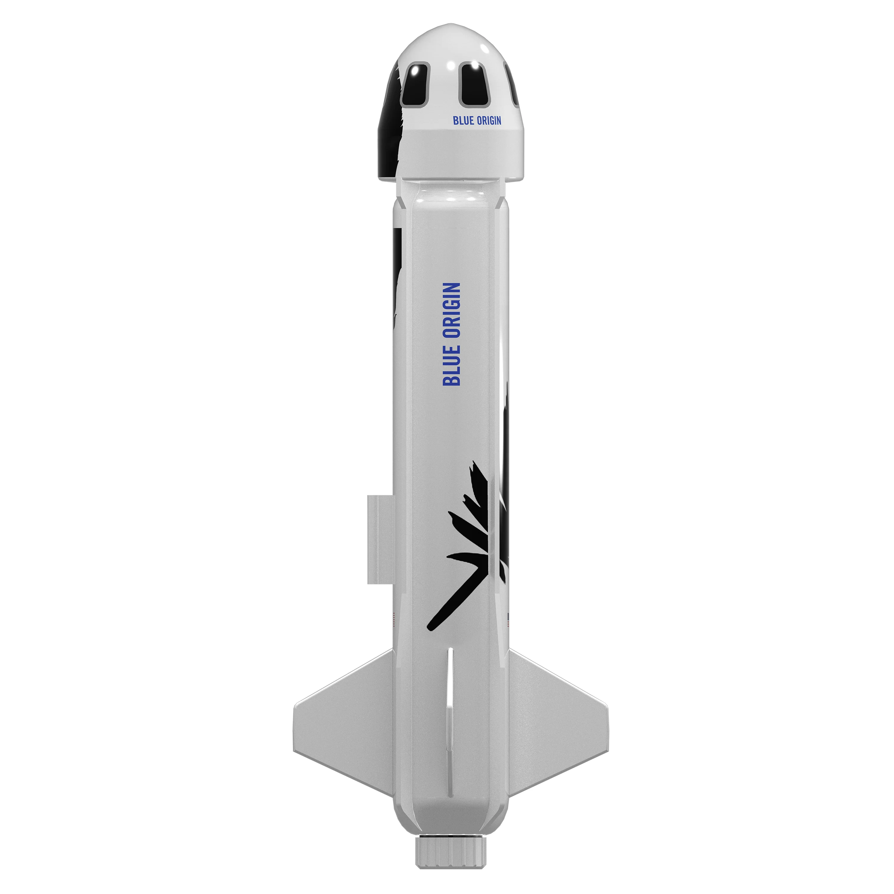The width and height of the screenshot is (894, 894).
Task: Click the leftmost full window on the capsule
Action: coord(415,85)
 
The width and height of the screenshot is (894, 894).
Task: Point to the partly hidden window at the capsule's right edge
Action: coord(513,85)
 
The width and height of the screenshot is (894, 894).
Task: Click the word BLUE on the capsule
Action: coord(463,121)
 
